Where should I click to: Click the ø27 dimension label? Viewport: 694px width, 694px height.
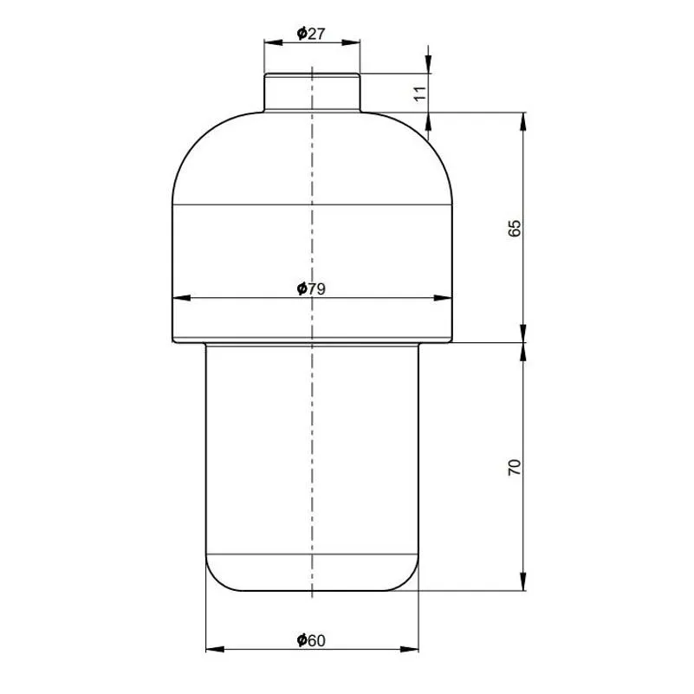(x=311, y=34)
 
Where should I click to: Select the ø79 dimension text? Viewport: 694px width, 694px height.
(x=311, y=289)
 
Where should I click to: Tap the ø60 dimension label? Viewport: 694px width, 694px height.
(x=311, y=640)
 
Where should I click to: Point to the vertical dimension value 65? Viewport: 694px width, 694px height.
(x=515, y=228)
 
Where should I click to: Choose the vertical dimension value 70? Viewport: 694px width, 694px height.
(x=515, y=467)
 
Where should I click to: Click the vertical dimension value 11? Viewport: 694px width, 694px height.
(x=420, y=94)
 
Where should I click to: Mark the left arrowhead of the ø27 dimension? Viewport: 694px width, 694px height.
(x=274, y=42)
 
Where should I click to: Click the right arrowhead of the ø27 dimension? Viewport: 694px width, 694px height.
(x=351, y=42)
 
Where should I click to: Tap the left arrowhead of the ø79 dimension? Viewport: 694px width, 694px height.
(x=181, y=298)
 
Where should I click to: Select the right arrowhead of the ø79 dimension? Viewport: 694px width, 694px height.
(x=443, y=298)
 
